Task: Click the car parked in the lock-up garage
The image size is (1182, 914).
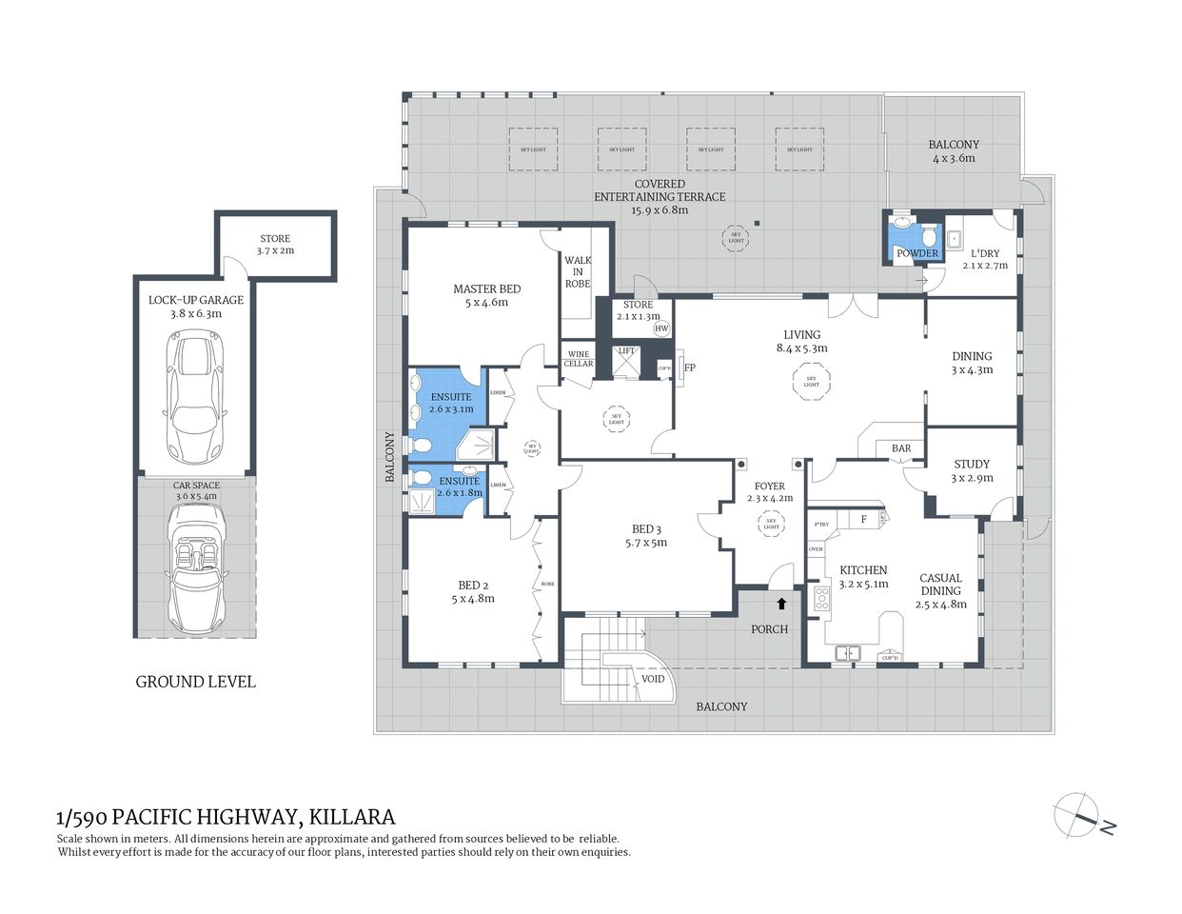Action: pyautogui.click(x=196, y=395)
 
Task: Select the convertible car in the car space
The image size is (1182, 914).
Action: pyautogui.click(x=196, y=569)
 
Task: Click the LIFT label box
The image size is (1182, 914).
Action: pyautogui.click(x=626, y=350)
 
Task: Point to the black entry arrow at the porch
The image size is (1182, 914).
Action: pyautogui.click(x=782, y=603)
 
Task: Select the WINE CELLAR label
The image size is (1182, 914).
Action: pyautogui.click(x=579, y=359)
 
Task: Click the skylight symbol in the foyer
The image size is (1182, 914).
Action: pyautogui.click(x=771, y=524)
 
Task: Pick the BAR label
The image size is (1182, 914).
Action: pyautogui.click(x=901, y=448)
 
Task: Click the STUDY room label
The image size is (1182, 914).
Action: pyautogui.click(x=972, y=465)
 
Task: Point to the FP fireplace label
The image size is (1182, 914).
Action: pyautogui.click(x=690, y=368)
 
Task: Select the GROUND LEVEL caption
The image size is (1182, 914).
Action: pyautogui.click(x=195, y=682)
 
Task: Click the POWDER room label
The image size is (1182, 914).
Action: pyautogui.click(x=917, y=253)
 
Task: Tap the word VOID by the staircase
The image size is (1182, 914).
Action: pyautogui.click(x=653, y=680)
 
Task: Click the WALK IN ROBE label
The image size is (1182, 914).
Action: pyautogui.click(x=578, y=271)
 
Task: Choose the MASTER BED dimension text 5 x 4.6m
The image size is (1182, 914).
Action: pyautogui.click(x=486, y=303)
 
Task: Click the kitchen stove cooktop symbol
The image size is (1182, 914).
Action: pyautogui.click(x=821, y=599)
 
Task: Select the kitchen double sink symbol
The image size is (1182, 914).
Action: pyautogui.click(x=848, y=653)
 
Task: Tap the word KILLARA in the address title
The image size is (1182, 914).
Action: pyautogui.click(x=351, y=817)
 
